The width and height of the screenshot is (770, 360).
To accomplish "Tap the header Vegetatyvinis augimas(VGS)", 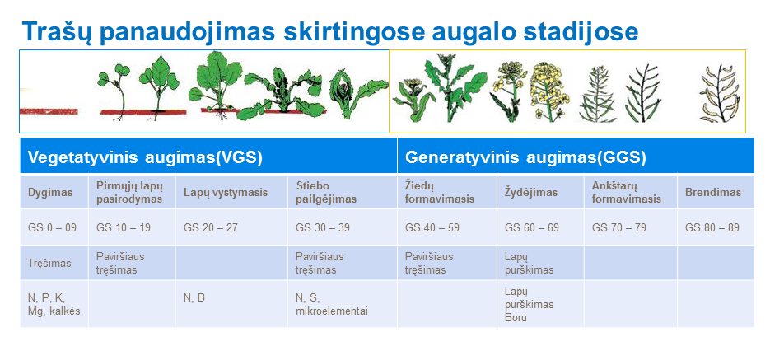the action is (145, 157).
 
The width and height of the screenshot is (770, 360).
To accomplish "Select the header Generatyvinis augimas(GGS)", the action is (525, 157).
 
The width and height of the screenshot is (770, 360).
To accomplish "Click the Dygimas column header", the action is (49, 192).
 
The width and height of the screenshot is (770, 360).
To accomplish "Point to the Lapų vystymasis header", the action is (226, 192).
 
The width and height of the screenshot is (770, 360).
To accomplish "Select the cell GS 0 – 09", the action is (52, 228).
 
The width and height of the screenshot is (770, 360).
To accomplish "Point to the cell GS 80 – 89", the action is (712, 228).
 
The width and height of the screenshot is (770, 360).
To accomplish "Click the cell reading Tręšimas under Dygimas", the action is (49, 264).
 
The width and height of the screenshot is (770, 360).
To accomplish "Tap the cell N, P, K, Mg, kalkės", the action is (54, 304).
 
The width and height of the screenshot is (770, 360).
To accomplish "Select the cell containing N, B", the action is (194, 298).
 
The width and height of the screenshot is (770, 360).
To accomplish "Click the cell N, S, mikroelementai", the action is (332, 304).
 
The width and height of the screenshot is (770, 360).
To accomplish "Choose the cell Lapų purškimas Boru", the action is (529, 305).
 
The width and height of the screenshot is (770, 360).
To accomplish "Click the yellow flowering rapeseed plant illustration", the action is (549, 91).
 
